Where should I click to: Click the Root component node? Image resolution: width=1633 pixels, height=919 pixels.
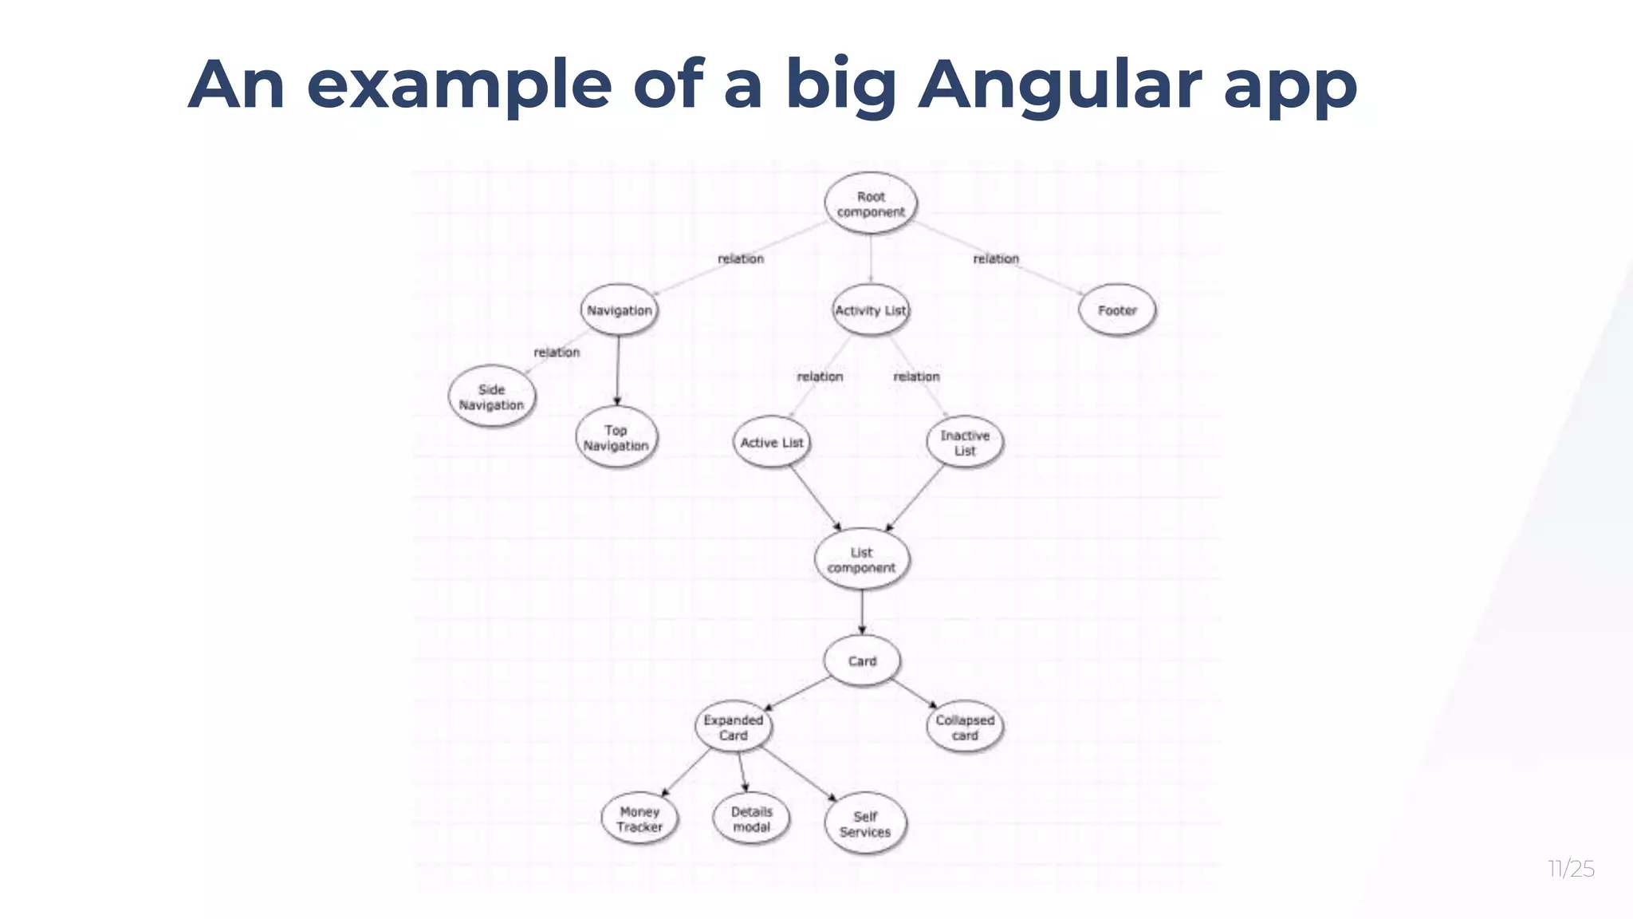870,203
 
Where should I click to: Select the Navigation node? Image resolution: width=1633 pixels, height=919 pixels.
619,310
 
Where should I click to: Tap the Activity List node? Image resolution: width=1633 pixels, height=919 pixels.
870,310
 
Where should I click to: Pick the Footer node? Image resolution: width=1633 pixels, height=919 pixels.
1116,310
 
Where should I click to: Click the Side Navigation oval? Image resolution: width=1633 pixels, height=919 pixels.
491,397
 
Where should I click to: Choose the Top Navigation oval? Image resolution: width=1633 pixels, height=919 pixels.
616,438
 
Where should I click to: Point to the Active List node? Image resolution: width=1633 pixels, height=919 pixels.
771,443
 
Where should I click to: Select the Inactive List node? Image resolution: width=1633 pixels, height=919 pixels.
965,443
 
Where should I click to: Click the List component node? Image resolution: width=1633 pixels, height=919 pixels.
861,560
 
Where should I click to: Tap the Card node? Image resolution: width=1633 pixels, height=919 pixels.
862,661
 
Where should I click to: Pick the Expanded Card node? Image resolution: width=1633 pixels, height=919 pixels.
734,728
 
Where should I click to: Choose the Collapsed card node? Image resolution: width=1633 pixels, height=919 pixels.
965,728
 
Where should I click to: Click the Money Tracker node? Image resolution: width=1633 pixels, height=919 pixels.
639,819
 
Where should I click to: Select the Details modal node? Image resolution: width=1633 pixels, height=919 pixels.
751,819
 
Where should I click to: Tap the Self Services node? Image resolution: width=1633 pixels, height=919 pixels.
865,824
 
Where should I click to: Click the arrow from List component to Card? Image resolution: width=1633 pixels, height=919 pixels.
862,612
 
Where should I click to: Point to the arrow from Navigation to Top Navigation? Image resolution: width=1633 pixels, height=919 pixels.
618,370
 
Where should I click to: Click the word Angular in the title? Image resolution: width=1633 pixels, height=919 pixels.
1060,85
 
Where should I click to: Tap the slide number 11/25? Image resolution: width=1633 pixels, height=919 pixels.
1571,869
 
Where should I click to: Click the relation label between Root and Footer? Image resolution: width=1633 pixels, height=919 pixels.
996,258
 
